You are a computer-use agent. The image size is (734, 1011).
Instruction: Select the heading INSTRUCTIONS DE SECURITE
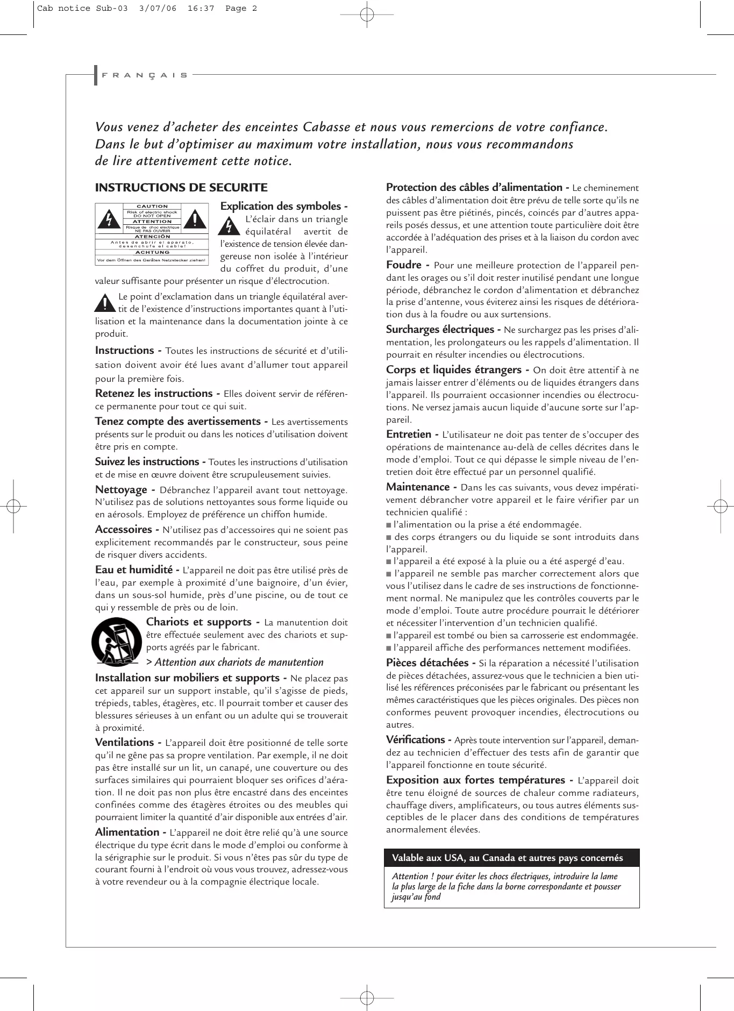(x=181, y=188)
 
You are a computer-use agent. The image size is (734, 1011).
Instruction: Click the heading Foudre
(x=404, y=265)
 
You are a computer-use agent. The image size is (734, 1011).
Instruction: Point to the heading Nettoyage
(x=121, y=490)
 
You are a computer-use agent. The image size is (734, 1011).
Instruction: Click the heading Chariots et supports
(x=199, y=622)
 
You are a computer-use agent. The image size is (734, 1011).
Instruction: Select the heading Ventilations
(x=124, y=743)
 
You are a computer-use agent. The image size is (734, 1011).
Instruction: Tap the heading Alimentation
(x=127, y=832)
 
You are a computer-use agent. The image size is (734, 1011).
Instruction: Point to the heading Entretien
(x=409, y=435)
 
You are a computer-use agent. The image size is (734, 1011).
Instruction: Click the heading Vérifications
(x=415, y=740)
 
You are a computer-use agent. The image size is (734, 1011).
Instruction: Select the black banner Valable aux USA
(x=511, y=858)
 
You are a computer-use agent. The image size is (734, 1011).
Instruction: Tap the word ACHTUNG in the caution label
(x=152, y=252)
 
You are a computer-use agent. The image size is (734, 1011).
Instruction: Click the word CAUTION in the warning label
(x=152, y=207)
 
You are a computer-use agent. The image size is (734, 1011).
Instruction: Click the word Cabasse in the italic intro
(x=329, y=127)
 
